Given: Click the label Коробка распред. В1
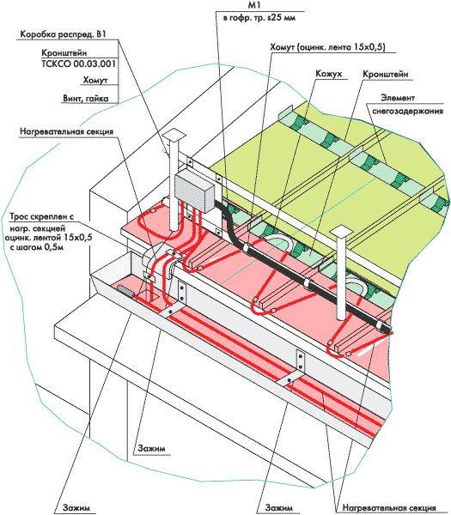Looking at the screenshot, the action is coord(63,34).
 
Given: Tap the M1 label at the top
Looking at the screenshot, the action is coord(259,5).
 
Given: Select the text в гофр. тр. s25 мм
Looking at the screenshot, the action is coord(259,18).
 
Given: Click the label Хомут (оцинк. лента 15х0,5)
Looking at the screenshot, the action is coord(328,47).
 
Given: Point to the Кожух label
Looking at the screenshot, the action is coord(328,74).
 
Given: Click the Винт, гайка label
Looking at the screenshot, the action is coord(85,99).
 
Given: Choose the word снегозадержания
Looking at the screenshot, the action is coord(407,111).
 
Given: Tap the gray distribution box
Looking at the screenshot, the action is coord(195,191).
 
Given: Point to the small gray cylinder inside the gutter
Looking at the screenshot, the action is coord(125,291).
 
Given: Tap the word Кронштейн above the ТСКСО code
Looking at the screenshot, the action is coord(64,53).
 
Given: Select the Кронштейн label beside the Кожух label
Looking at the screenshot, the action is coord(386,74).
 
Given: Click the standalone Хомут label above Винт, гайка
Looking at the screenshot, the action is coord(95,80).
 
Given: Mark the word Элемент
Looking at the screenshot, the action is coord(398,98).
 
